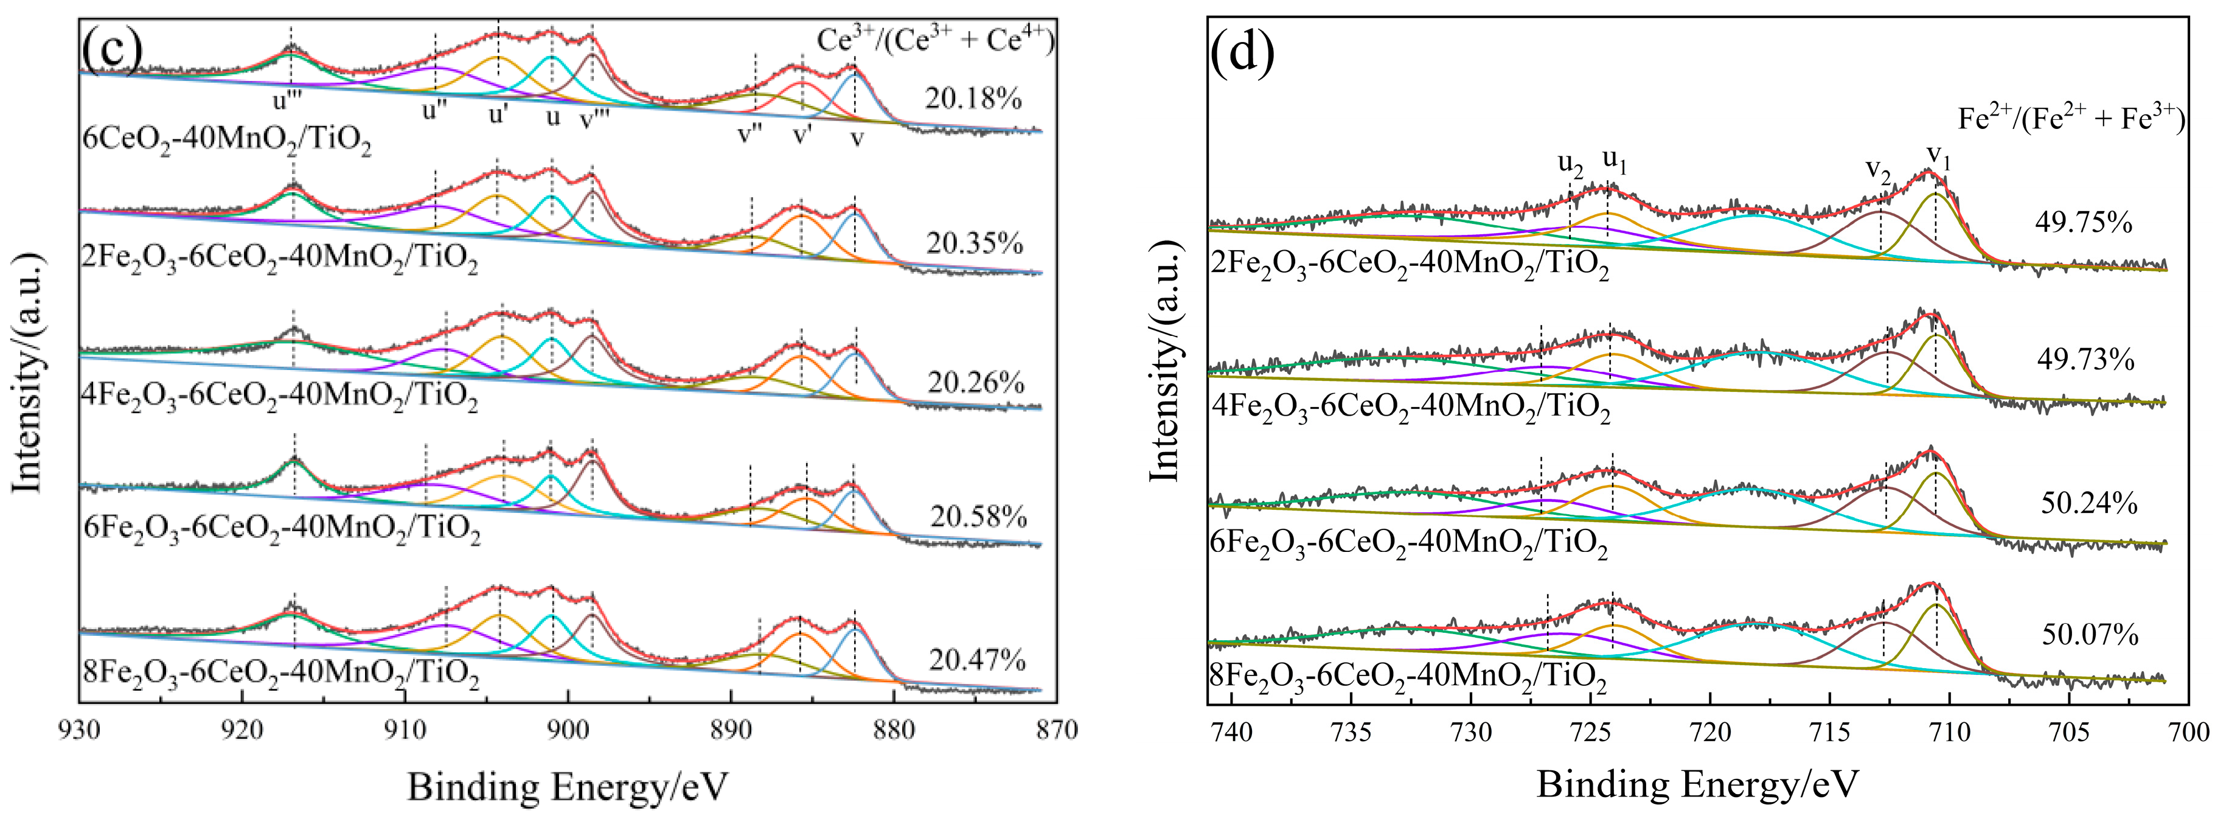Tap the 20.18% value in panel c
tap(973, 99)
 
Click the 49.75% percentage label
tap(2084, 223)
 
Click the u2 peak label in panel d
tap(1570, 165)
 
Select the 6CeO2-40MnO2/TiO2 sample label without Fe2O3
tap(227, 139)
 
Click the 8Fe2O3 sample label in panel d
tap(1408, 676)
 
